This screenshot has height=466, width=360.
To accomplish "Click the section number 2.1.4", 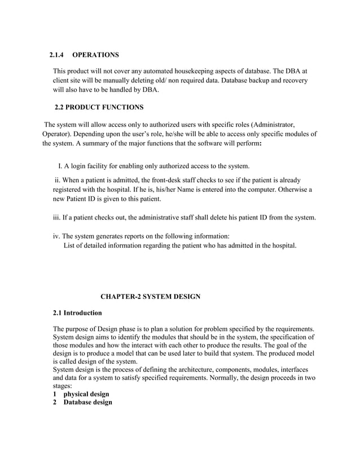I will coord(57,55).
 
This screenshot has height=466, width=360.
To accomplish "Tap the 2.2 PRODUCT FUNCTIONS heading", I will coord(99,107).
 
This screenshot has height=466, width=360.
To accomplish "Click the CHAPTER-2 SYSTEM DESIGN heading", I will coord(150,296).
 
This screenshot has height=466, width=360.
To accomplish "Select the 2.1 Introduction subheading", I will coord(77,313).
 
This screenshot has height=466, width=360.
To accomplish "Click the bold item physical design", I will coord(86,393).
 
